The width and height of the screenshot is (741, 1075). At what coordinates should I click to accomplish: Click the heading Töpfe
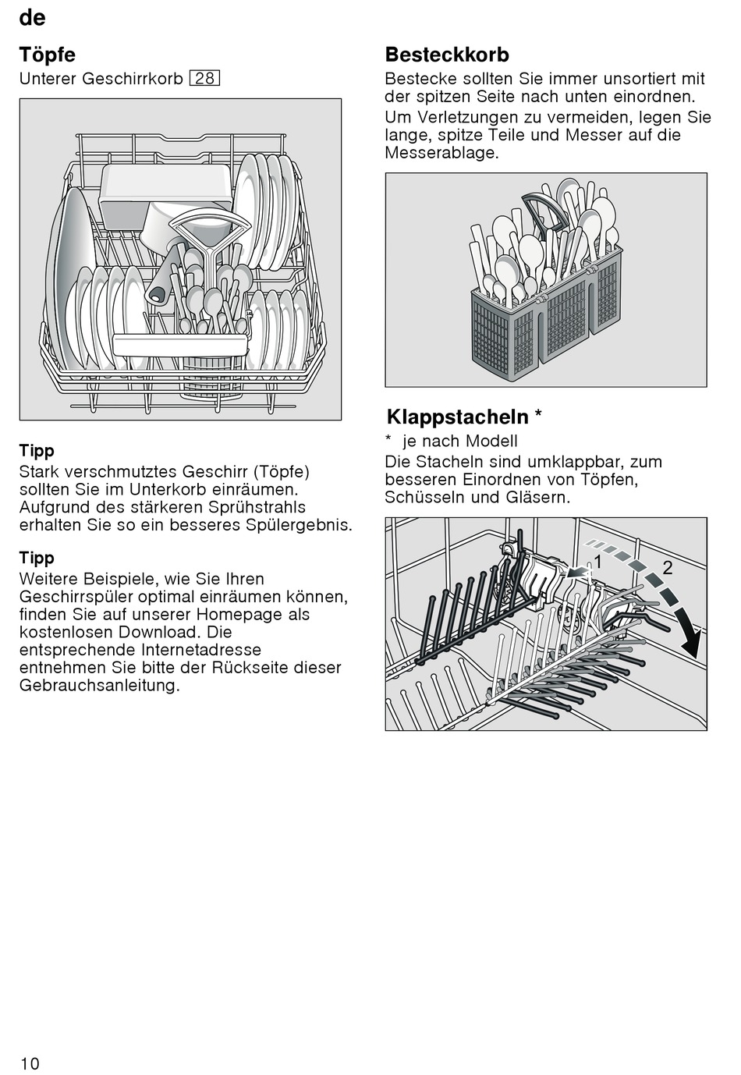(x=47, y=55)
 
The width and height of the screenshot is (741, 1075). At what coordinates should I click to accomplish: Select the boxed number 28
(x=204, y=79)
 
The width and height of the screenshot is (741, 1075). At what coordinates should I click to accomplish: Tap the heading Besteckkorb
(x=447, y=55)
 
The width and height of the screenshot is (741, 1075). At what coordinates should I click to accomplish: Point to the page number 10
(x=30, y=1063)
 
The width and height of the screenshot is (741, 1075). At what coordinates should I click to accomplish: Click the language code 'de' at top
(x=32, y=17)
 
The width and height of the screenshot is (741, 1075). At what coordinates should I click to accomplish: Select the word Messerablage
(x=441, y=153)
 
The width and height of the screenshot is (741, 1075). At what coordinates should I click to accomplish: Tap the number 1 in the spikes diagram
(x=597, y=561)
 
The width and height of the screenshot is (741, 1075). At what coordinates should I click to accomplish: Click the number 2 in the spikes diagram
(x=668, y=567)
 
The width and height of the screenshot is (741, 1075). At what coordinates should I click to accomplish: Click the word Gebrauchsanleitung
(x=99, y=686)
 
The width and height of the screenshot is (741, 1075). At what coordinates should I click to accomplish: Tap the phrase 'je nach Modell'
(x=459, y=442)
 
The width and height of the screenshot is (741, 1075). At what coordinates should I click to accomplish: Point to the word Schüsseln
(x=424, y=498)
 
